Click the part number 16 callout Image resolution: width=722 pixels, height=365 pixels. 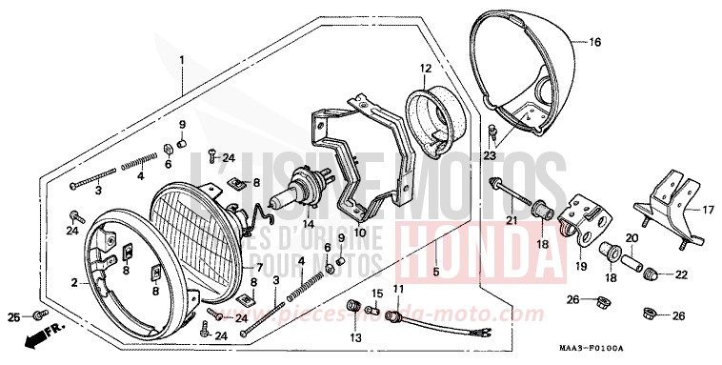coord(595,42)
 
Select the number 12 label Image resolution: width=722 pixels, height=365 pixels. coord(426,68)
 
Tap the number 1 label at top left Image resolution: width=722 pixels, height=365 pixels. coord(181,61)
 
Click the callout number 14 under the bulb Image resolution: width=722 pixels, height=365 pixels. coord(308,225)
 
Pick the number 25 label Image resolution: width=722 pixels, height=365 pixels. coord(12,316)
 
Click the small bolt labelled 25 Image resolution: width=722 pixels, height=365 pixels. coord(37,314)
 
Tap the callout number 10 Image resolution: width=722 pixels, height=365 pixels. coord(360,231)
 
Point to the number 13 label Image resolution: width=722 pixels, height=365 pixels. coord(355,338)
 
